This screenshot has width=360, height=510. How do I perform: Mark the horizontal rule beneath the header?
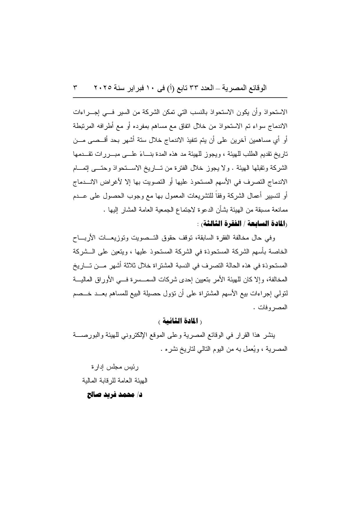(180, 98)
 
